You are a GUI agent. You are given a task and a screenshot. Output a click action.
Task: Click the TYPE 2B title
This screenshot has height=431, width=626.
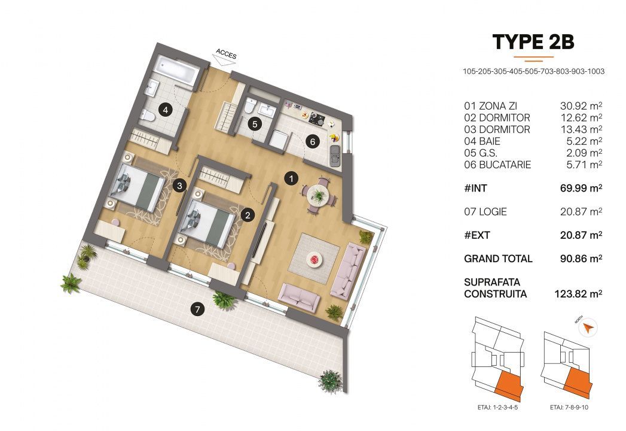pyautogui.click(x=533, y=42)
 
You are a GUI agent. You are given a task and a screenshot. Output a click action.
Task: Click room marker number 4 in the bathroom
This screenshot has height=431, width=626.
pyautogui.click(x=165, y=110)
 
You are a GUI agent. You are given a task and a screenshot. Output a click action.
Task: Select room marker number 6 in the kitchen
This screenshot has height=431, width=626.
pyautogui.click(x=312, y=141)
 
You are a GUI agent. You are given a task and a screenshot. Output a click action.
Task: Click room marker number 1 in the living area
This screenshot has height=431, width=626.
pyautogui.click(x=291, y=178)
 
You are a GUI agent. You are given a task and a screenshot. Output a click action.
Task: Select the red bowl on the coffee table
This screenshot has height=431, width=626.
pyautogui.click(x=314, y=259)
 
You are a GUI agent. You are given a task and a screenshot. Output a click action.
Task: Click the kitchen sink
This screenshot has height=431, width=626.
pyautogui.click(x=335, y=154)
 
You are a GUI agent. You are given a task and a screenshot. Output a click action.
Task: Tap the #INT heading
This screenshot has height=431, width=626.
pyautogui.click(x=476, y=189)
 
